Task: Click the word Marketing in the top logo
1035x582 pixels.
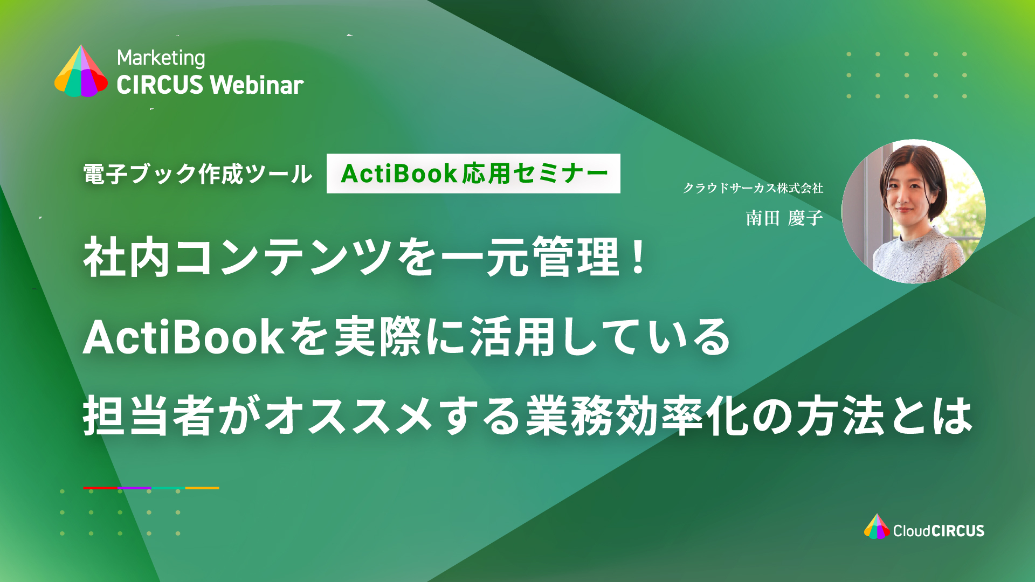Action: [x=161, y=58]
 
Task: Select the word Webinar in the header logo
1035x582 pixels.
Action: [x=257, y=85]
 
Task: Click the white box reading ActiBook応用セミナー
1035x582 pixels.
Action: [x=473, y=174]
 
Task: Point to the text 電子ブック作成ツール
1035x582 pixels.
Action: [x=198, y=174]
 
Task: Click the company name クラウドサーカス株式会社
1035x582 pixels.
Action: [x=753, y=188]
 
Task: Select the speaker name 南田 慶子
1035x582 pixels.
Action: [x=784, y=218]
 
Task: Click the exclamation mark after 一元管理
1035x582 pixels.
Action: [x=639, y=257]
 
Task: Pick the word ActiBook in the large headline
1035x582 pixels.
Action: [x=183, y=337]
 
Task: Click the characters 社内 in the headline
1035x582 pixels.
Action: [x=127, y=258]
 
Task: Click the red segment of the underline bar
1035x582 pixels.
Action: [x=100, y=488]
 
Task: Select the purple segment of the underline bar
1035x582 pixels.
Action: [x=134, y=488]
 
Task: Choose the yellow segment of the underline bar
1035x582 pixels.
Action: [x=202, y=488]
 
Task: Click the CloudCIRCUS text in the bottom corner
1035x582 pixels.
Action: [x=939, y=531]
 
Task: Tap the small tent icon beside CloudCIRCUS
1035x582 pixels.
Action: [x=877, y=526]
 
